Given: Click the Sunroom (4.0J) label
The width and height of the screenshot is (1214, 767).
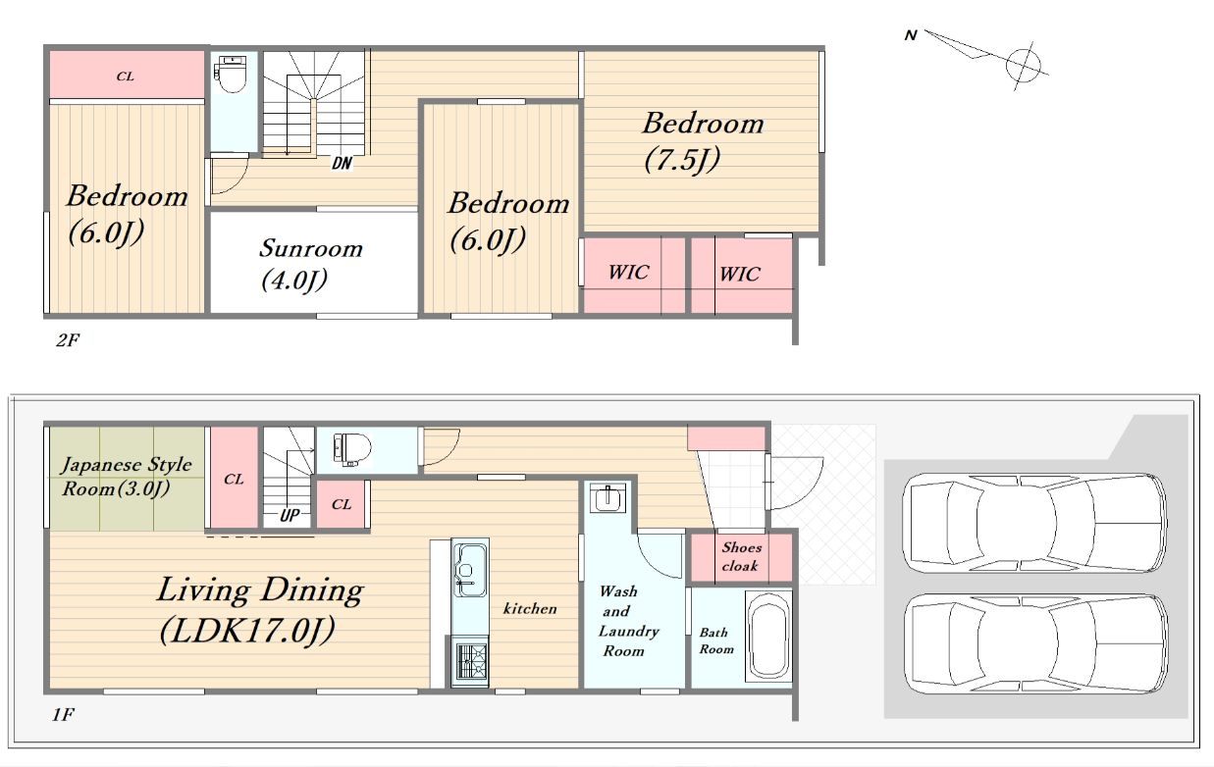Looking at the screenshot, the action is click(310, 265).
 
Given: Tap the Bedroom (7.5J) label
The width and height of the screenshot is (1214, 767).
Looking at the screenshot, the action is click(704, 142).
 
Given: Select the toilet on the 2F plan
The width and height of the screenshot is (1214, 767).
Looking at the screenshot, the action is click(231, 76).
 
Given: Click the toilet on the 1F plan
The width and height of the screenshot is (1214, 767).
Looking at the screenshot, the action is click(351, 449).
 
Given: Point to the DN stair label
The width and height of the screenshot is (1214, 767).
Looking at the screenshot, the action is click(342, 163).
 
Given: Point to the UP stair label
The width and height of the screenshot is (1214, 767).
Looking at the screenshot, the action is click(290, 515).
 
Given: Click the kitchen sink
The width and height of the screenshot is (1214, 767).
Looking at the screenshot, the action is click(470, 569).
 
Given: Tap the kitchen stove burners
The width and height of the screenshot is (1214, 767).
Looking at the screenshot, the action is click(471, 661).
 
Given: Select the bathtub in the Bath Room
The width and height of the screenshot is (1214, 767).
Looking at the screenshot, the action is click(768, 636).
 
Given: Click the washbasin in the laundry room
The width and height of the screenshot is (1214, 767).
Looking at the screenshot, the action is click(607, 497).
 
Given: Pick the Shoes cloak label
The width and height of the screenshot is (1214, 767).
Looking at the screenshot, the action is click(741, 556).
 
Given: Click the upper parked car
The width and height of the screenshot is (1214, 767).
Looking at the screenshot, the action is click(1034, 522).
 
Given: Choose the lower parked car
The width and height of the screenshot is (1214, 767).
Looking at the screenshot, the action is click(1035, 643).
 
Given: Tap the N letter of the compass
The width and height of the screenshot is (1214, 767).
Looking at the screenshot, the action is click(911, 35).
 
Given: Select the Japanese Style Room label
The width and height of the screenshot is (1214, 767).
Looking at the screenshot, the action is click(126, 477).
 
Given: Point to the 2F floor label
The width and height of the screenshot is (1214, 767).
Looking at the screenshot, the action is click(68, 340).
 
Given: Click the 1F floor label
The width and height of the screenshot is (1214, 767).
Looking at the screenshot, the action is click(64, 715).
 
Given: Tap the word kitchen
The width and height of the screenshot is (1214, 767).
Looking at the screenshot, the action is click(530, 609).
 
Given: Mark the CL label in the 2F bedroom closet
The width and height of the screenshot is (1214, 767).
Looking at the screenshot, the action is click(126, 77).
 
